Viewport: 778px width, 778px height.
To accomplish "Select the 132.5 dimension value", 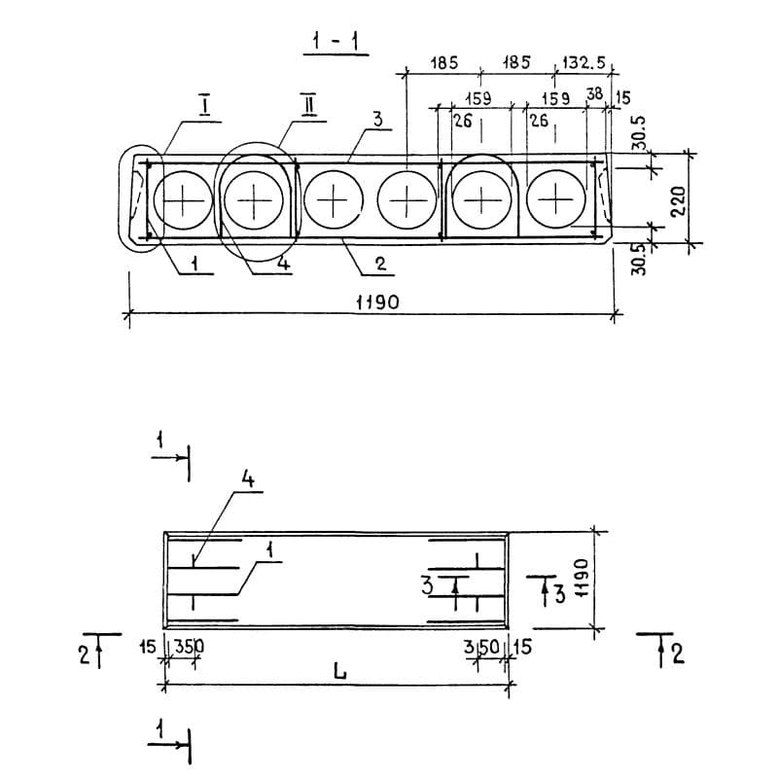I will coord(583,63).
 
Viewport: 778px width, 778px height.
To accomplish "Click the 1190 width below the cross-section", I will coord(377,302).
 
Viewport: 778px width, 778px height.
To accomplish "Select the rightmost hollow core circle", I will coord(556,199).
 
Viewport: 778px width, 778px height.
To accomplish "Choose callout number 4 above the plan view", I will coord(247,478).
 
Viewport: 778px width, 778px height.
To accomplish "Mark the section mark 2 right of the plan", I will coord(676,653).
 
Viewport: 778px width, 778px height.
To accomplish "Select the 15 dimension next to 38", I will coord(622,97).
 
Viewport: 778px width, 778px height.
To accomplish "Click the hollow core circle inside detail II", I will coord(255,199).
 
